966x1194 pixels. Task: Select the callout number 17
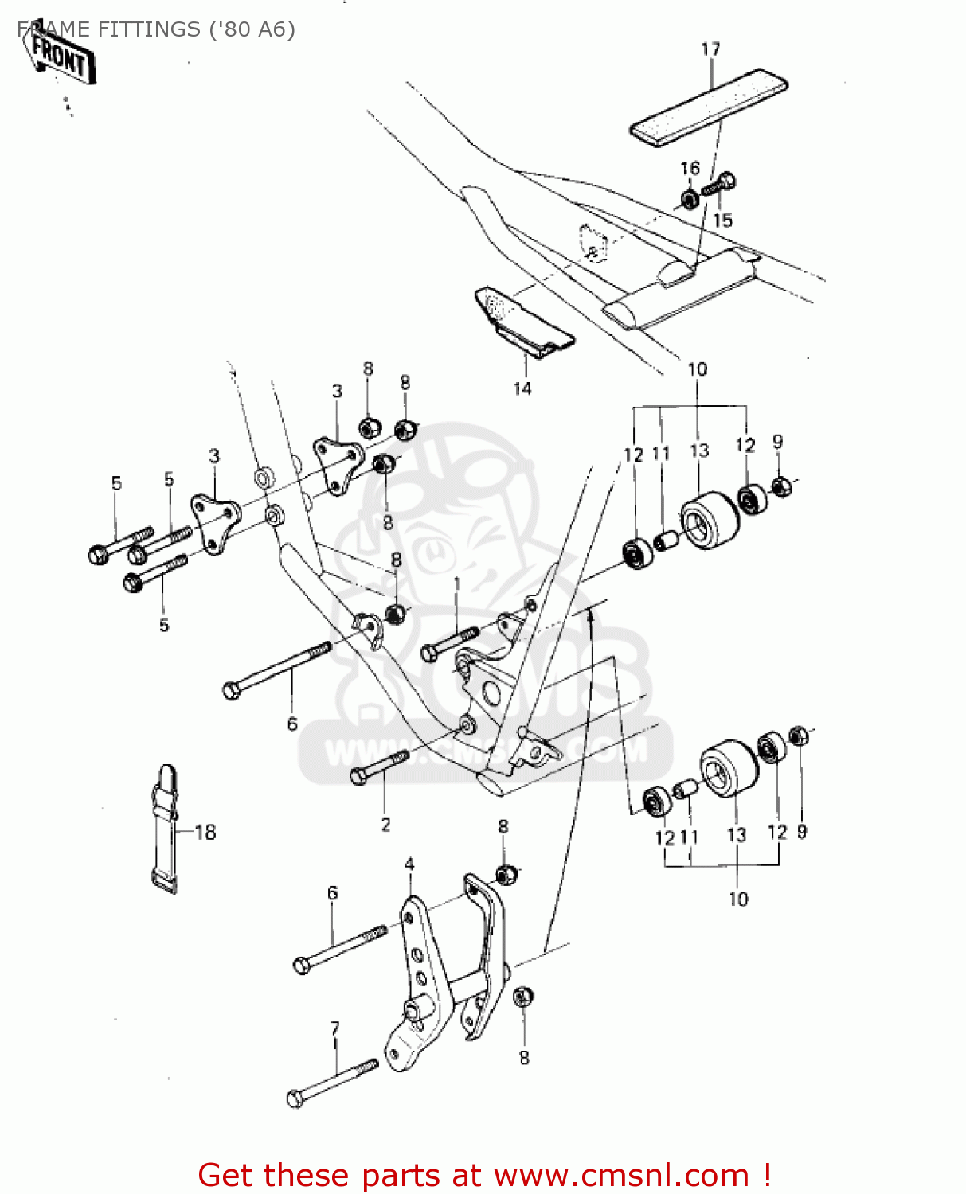tap(710, 49)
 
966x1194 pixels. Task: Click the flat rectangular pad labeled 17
tap(709, 107)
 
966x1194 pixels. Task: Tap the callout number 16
tap(690, 168)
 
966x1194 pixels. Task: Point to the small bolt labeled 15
tap(718, 186)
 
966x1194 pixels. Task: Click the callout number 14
tap(522, 388)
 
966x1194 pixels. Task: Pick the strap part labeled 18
tap(165, 828)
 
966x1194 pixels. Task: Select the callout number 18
tap(205, 833)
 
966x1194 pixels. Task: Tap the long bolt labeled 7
tap(332, 1082)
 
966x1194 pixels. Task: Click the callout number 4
tap(409, 864)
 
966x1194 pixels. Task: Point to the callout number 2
tap(385, 825)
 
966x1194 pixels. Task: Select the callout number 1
tap(456, 584)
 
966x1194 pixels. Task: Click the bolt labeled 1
tap(449, 643)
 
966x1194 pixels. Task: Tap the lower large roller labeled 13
tap(729, 767)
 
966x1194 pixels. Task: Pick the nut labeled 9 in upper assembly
tap(782, 486)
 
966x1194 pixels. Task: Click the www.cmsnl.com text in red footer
tap(621, 1175)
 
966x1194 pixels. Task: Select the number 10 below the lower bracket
tap(738, 899)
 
